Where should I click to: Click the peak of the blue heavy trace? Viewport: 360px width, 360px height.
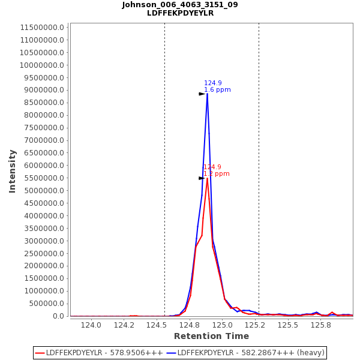pos(207,94)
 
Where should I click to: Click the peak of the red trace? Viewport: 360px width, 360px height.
pos(207,178)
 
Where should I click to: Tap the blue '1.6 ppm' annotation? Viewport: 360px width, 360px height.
pos(217,90)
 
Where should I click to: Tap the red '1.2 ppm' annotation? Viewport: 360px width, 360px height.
pos(216,174)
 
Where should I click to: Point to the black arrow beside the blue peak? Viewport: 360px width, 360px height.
pos(202,94)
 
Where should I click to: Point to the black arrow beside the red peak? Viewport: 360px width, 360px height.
pos(202,178)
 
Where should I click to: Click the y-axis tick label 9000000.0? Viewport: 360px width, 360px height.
pos(43,90)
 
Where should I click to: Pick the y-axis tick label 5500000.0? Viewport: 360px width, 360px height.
pos(43,178)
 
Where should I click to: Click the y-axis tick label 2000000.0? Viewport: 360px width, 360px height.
pos(43,266)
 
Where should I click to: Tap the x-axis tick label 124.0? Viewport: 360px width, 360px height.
pos(91,325)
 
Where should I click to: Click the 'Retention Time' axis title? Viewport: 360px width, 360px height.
pos(211,336)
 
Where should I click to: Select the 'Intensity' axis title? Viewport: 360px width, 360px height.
pos(13,171)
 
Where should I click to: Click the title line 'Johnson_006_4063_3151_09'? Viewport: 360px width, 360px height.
pos(180,5)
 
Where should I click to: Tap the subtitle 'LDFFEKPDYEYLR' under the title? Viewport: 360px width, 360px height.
pos(180,13)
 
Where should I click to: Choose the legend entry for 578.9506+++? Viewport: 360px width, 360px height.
pos(99,353)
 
